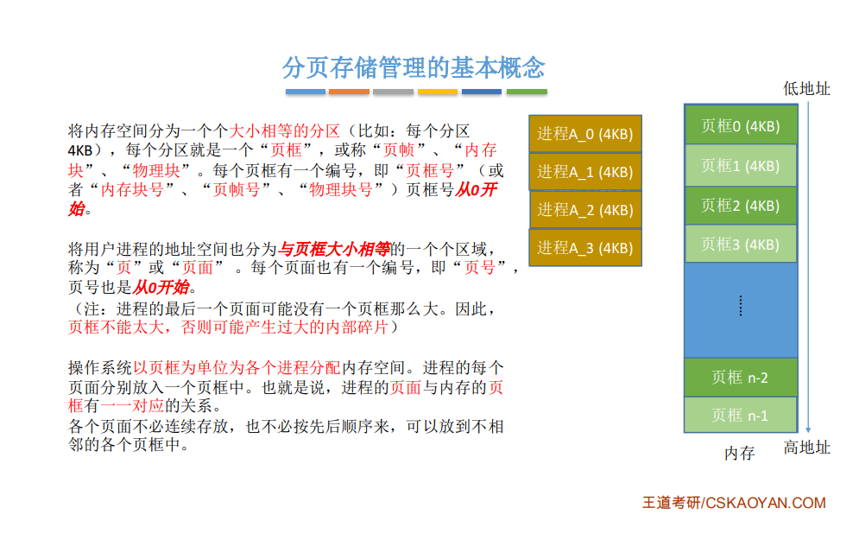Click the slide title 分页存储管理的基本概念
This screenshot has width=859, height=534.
pos(414,67)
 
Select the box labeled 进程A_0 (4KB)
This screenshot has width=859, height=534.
pos(585,134)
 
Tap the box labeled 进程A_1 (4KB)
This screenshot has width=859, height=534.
pos(585,172)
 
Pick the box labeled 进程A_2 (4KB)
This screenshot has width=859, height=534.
pos(585,209)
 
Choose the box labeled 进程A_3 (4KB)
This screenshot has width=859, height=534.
pos(585,248)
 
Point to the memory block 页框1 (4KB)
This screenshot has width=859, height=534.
pos(741,165)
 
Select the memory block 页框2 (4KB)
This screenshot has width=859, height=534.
pos(741,206)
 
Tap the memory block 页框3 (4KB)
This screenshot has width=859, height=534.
pos(741,244)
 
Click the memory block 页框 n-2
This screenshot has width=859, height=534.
pos(741,378)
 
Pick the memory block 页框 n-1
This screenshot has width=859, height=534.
pos(741,415)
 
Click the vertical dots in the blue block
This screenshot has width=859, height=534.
pos(741,306)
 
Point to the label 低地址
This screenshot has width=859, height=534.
pos(806,88)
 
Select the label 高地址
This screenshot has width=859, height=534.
pos(806,448)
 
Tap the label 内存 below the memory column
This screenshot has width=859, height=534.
pos(740,453)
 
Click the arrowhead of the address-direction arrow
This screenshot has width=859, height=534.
pos(808,430)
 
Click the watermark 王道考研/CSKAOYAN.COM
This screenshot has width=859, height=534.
pos(734,503)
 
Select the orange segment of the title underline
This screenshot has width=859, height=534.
pos(349,92)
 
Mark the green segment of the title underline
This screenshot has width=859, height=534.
pos(527,92)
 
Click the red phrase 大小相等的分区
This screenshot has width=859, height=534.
pos(284,130)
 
